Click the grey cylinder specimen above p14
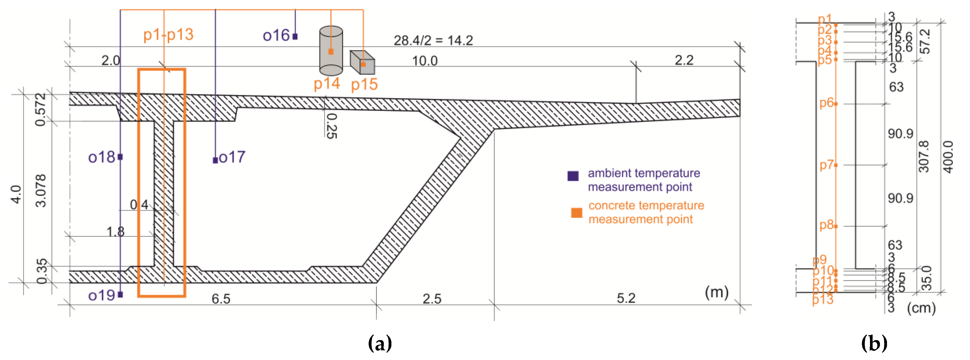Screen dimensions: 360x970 point(331,51)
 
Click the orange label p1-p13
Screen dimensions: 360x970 point(168,35)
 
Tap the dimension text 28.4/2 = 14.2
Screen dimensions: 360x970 point(433,40)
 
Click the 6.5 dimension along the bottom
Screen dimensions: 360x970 point(221,299)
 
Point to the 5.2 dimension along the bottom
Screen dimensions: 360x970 point(626,298)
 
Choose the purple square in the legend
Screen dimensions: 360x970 point(573,176)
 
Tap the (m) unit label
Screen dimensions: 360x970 point(716,292)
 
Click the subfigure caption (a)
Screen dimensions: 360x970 point(380,343)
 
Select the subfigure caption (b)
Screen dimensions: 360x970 point(874,343)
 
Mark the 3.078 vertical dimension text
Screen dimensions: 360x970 point(41,191)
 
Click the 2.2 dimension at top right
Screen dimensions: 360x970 point(684,60)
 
